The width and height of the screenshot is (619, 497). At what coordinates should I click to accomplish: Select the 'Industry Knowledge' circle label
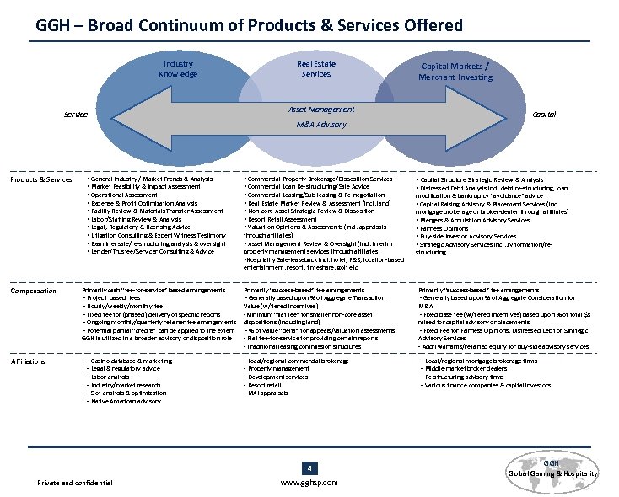click(177, 69)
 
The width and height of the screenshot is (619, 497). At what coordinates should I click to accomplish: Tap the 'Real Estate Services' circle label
click(316, 69)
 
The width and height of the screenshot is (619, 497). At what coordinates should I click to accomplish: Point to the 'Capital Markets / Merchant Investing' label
click(455, 71)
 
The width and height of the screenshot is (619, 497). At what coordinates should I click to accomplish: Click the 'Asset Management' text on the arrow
click(321, 110)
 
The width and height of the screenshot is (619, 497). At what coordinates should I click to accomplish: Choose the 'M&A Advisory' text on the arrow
click(321, 125)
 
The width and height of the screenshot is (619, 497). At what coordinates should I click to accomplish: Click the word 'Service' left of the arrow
click(76, 115)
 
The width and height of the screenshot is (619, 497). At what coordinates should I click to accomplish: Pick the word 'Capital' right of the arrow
click(543, 114)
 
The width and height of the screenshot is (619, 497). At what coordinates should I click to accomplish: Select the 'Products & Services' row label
click(40, 179)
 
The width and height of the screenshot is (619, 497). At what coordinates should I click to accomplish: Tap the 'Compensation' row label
click(33, 291)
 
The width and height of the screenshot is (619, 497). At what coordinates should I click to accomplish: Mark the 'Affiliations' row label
click(30, 362)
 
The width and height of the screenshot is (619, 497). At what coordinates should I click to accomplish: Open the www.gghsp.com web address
click(309, 483)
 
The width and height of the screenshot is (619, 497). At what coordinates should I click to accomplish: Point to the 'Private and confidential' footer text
click(75, 483)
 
